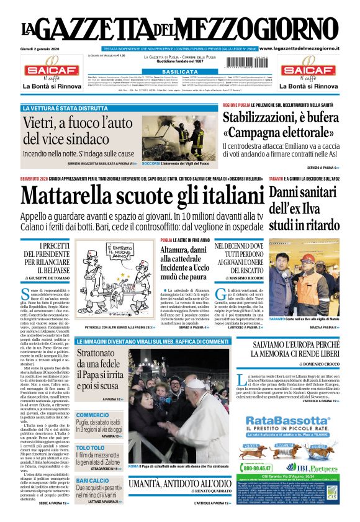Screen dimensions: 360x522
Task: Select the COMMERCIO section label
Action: [x=92, y=415]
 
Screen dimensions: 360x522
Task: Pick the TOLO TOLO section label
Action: [x=90, y=448]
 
